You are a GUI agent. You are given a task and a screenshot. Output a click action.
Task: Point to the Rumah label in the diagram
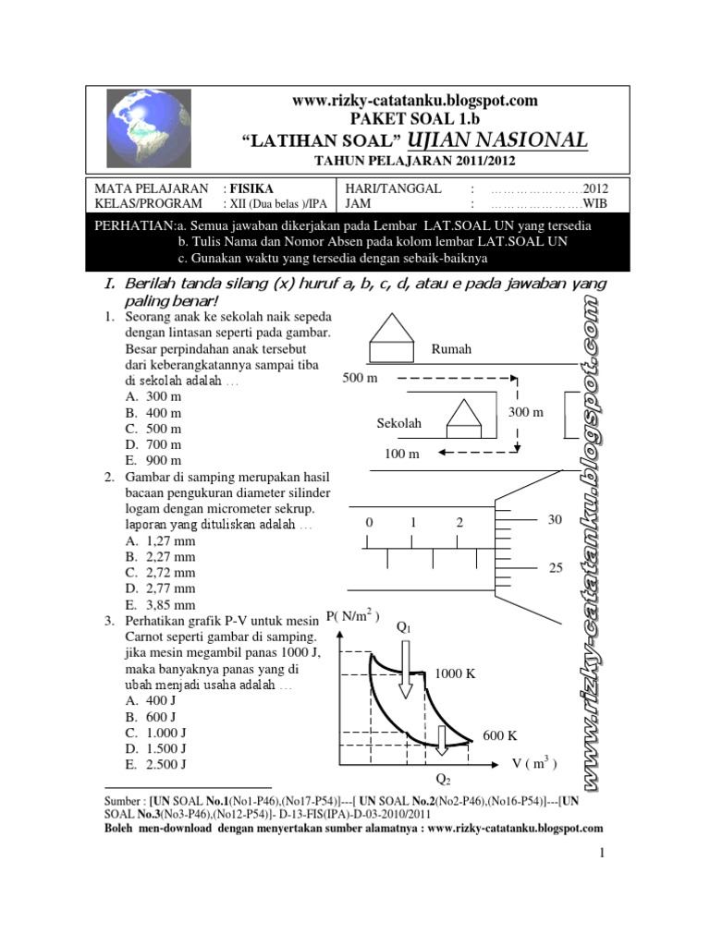[451, 349]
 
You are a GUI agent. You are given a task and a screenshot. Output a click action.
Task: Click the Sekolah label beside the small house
[399, 423]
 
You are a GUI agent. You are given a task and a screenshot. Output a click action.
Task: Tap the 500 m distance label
[361, 379]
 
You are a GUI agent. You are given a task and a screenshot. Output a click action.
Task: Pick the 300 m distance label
[526, 411]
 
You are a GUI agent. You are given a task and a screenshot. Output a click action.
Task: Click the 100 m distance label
[402, 454]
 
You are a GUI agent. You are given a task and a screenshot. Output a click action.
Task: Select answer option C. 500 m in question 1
[154, 428]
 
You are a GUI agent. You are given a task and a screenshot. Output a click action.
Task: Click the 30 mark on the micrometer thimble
[555, 520]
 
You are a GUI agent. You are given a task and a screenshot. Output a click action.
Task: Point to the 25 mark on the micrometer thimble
[556, 568]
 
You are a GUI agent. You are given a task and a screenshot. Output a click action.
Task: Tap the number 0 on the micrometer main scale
[369, 523]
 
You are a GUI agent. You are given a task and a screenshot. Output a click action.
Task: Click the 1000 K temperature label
[456, 673]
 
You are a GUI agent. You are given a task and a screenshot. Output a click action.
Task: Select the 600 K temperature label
[500, 735]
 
